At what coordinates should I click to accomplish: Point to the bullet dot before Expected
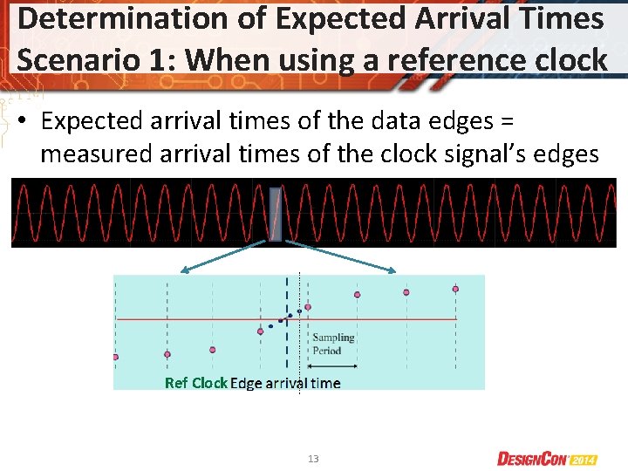[x=27, y=122]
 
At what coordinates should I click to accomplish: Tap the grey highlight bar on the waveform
[x=276, y=214]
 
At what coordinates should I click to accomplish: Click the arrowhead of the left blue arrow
[x=181, y=272]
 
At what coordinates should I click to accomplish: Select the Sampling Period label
[x=333, y=344]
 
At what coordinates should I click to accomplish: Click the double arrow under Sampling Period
[x=332, y=365]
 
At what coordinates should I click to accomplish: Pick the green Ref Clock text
[x=196, y=383]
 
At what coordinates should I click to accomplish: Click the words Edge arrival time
[x=285, y=383]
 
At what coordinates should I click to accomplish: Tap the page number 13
[x=314, y=458]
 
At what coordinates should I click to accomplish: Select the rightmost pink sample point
[x=455, y=289]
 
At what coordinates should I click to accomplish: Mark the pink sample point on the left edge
[x=116, y=357]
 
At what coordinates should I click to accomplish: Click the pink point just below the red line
[x=260, y=331]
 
